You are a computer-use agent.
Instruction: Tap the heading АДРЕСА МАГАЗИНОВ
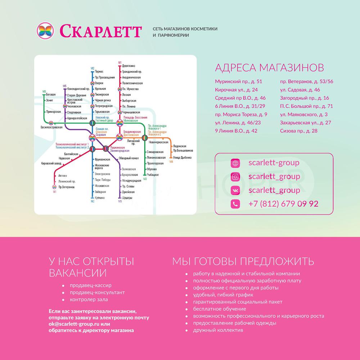point(269,68)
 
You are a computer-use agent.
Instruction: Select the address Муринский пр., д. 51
point(238,82)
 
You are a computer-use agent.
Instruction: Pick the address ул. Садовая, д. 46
point(300,90)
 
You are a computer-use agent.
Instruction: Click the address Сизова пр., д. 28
point(299,131)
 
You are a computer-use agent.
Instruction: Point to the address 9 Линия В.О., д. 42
point(236,131)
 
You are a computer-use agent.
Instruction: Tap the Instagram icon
point(235,177)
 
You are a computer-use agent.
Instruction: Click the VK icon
point(235,190)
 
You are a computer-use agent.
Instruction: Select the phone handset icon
point(235,204)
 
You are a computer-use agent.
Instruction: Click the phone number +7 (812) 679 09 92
point(283,204)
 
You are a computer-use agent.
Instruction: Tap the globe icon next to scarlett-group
point(235,163)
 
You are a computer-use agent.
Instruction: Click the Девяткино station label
point(129,66)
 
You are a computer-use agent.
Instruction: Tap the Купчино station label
point(100,198)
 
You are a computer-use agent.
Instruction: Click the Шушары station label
point(127,198)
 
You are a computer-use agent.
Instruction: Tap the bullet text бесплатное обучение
point(220,309)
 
